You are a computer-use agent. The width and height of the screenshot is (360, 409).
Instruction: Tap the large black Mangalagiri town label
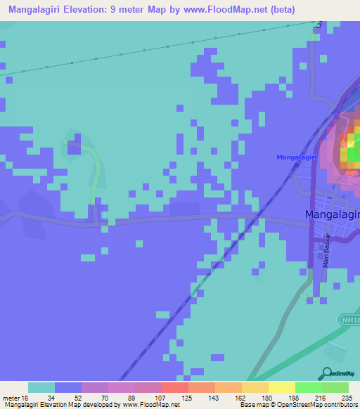tap(332, 214)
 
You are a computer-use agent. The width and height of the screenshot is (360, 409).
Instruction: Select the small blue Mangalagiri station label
tap(297, 157)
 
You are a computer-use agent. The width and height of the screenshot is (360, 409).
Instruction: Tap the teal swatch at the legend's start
tap(41, 387)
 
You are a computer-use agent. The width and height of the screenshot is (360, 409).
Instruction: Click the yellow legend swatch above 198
tap(281, 387)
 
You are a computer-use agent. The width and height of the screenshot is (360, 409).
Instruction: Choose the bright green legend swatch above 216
tap(307, 387)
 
